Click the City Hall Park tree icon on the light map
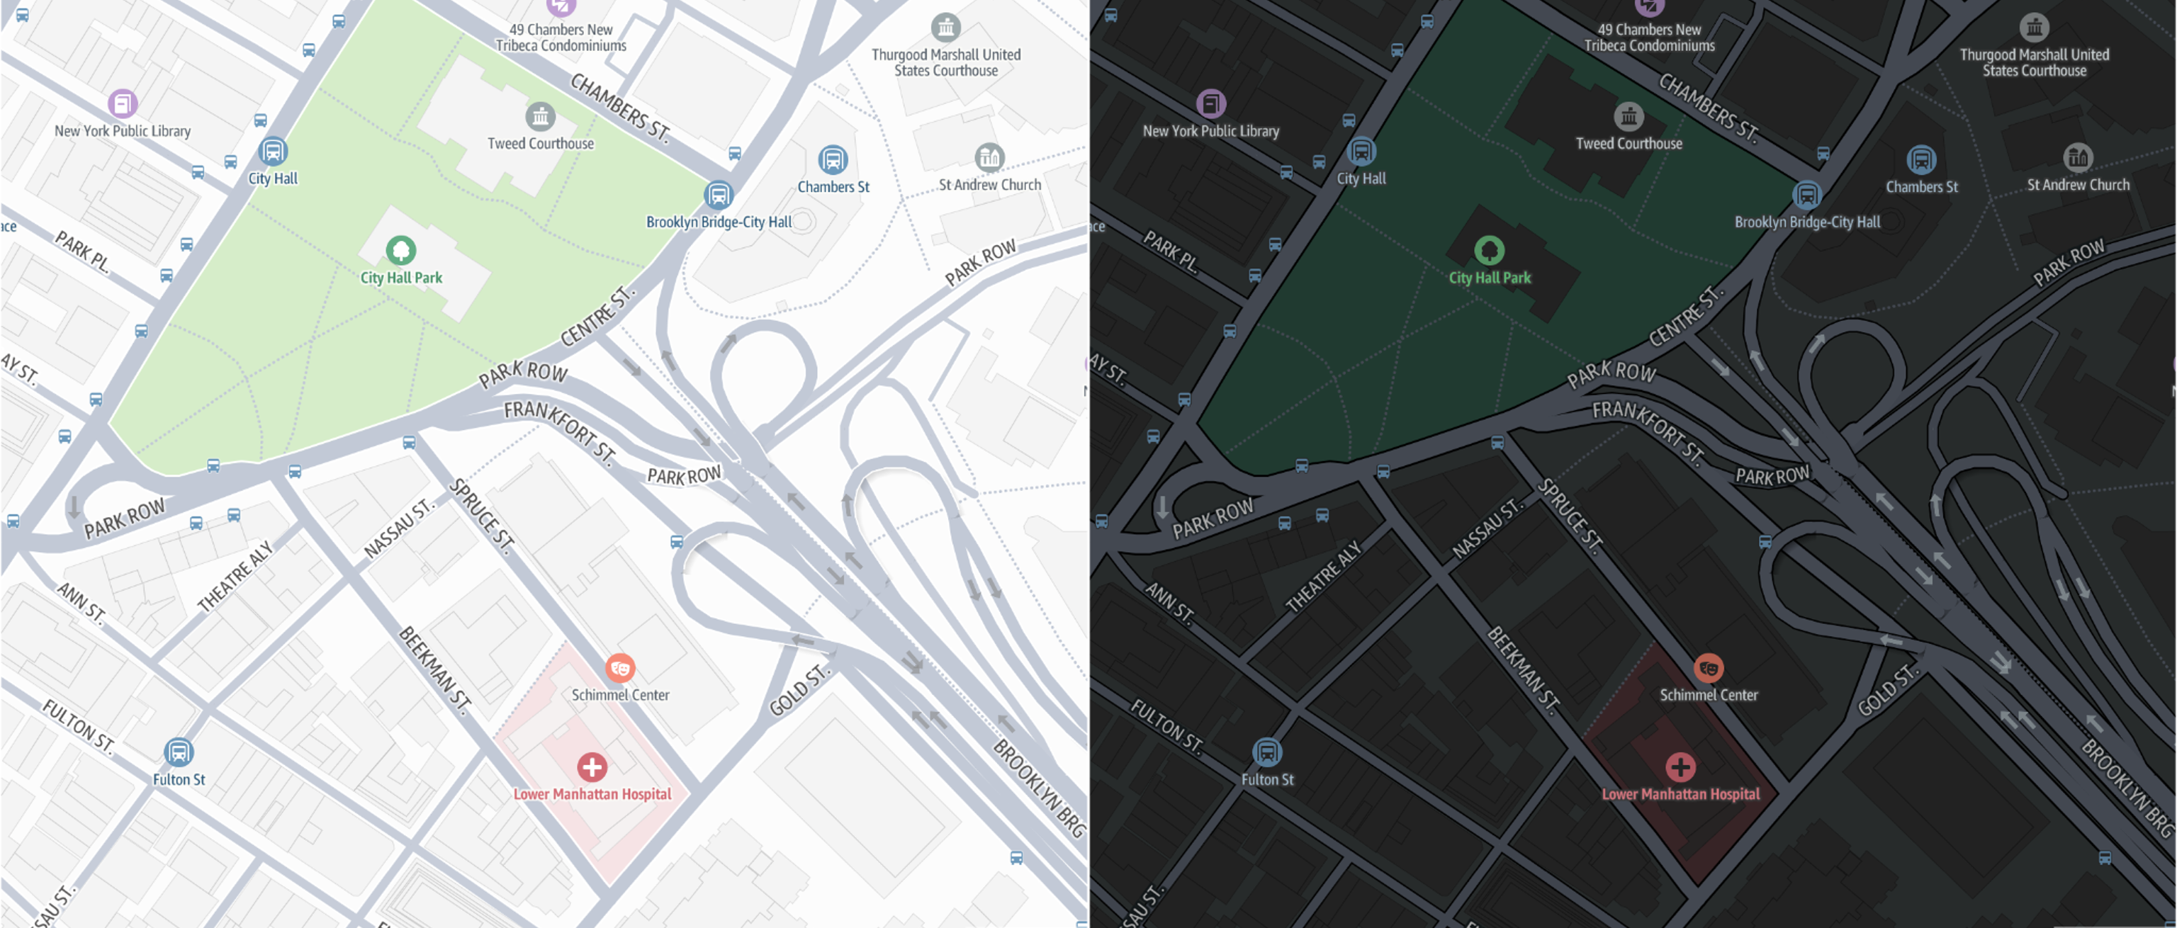click(x=400, y=250)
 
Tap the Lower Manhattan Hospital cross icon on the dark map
click(x=1680, y=767)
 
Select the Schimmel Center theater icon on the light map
click(x=620, y=668)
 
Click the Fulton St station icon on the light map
click(x=179, y=752)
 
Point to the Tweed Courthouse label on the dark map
click(x=1628, y=144)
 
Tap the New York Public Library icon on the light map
click(x=123, y=104)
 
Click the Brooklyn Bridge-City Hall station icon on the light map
click(x=719, y=196)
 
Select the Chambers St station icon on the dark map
click(x=1921, y=159)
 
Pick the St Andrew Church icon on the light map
click(x=989, y=157)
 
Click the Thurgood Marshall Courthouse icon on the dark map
click(x=2034, y=27)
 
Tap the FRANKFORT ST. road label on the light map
click(x=559, y=429)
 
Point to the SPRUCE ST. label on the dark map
click(x=1568, y=516)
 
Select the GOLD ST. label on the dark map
click(x=1888, y=691)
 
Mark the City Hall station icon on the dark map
click(x=1361, y=152)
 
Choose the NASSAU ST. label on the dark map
click(x=1487, y=529)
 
